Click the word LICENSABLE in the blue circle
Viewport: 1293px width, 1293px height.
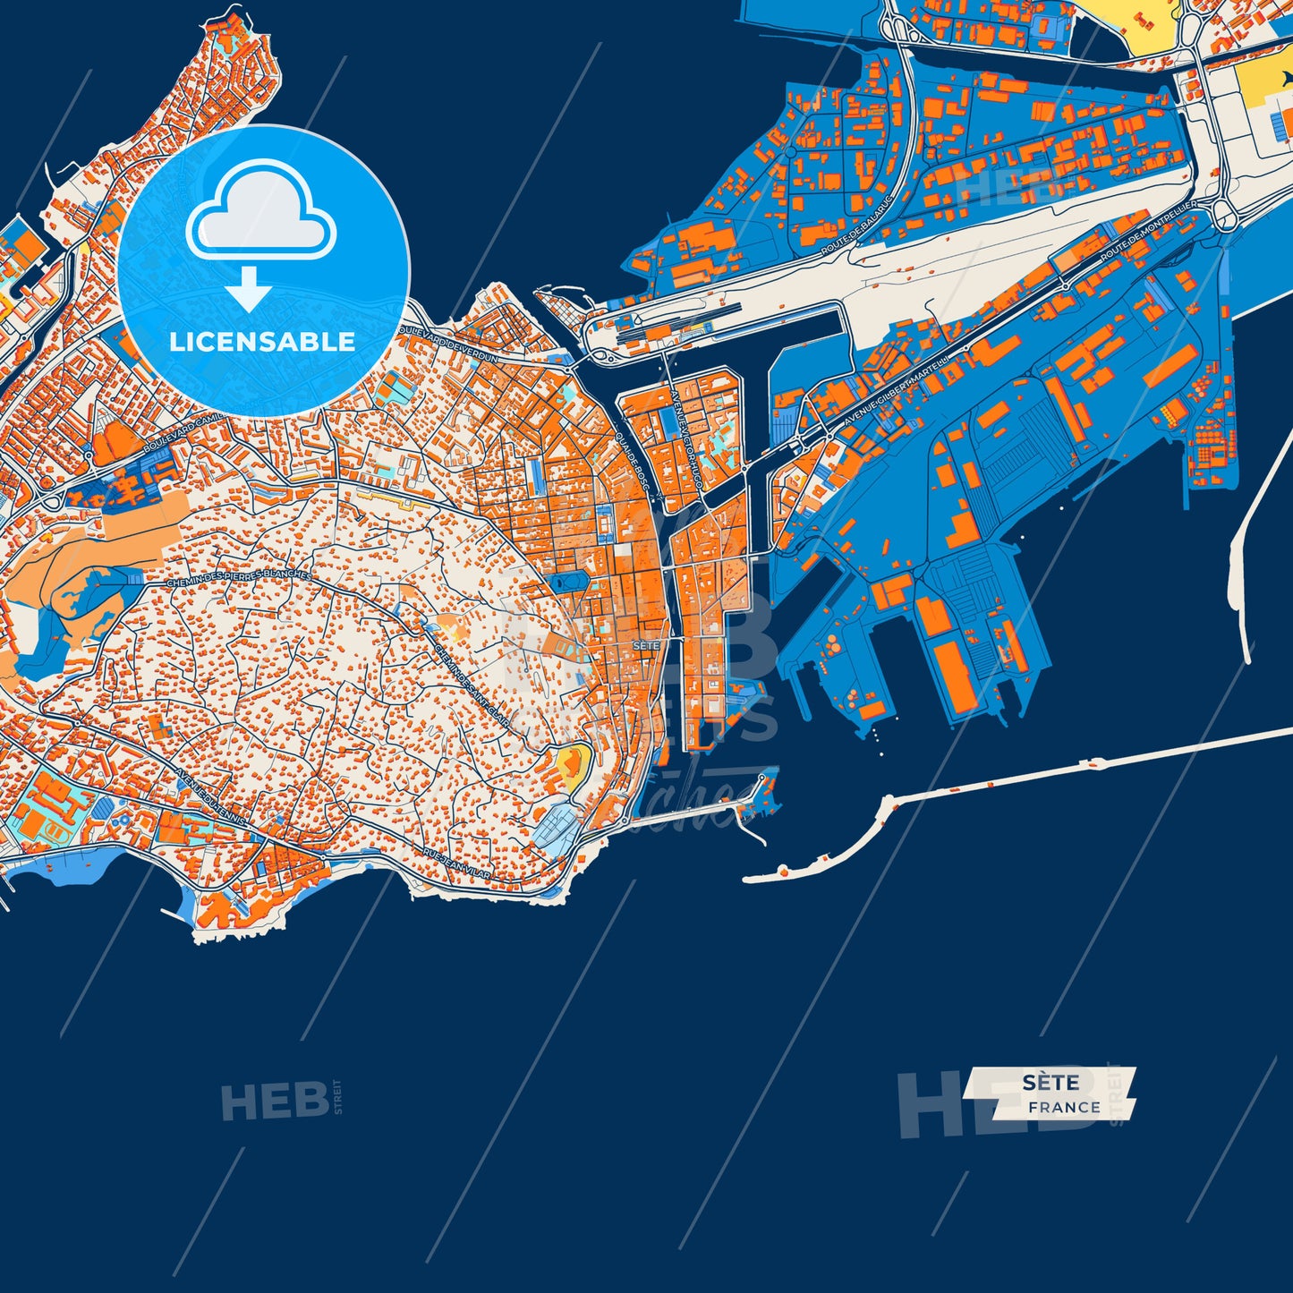point(262,342)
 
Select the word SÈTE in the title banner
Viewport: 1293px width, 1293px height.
point(1051,1083)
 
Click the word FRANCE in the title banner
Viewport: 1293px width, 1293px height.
point(1064,1108)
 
